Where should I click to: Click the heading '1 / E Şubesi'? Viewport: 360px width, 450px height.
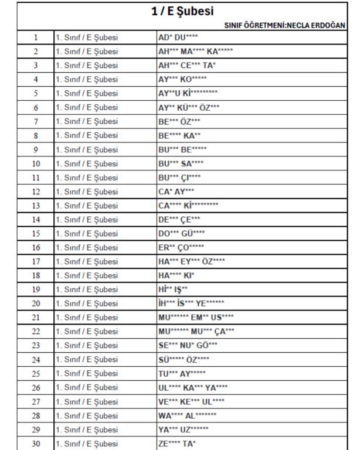click(x=181, y=11)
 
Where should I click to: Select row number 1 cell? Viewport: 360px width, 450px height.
click(x=35, y=37)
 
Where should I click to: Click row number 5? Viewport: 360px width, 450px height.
click(x=35, y=93)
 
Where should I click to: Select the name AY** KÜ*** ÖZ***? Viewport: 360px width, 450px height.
click(x=189, y=107)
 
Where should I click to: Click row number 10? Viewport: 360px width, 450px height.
click(x=35, y=162)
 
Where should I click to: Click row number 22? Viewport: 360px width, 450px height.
click(x=35, y=330)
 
